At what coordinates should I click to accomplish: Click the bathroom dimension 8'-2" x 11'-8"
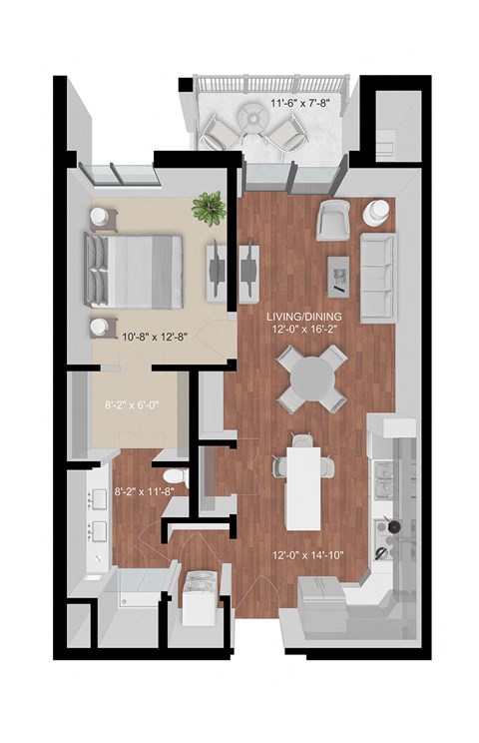[x=146, y=490]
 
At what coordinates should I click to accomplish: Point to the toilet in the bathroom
[x=174, y=476]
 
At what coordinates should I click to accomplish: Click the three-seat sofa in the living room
[x=377, y=273]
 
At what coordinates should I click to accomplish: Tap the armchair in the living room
[x=331, y=219]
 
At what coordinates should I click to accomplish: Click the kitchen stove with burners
[x=390, y=535]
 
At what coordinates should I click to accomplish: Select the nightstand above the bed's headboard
[x=103, y=216]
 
